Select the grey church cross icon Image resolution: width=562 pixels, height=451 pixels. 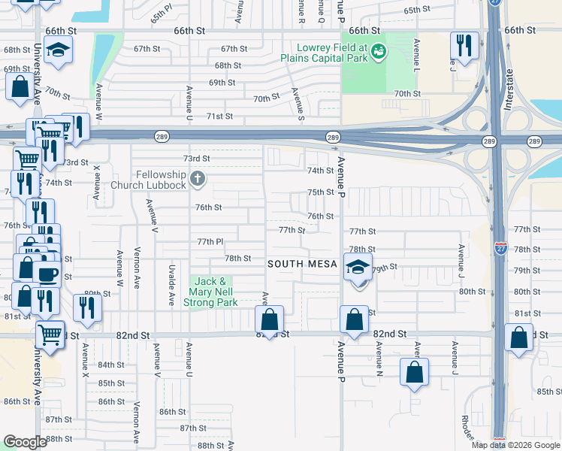[197, 179]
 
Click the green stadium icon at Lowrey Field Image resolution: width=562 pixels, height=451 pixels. [379, 51]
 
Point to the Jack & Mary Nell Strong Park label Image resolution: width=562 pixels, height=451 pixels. [214, 292]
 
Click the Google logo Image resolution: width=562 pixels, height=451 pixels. [25, 441]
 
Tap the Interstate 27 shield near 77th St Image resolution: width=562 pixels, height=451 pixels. [499, 250]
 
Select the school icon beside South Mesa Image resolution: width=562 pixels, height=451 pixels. [358, 267]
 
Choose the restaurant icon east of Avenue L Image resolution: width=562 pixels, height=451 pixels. [464, 46]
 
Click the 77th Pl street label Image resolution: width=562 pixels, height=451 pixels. [210, 242]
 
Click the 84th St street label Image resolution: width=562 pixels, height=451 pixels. [110, 365]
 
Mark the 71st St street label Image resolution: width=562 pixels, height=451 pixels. [220, 117]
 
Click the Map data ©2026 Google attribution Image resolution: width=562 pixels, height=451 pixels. [515, 445]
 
